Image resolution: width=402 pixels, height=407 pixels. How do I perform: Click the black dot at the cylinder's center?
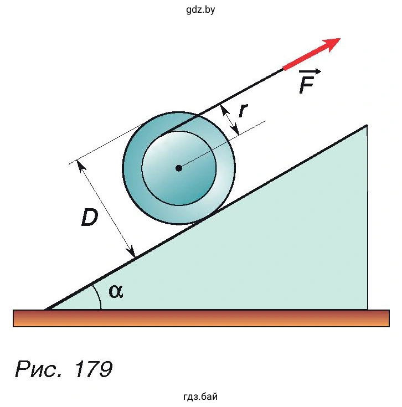coord(178,168)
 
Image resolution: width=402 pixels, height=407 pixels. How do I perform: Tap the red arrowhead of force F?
coord(331,44)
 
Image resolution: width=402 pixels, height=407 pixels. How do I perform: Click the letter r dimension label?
coord(243,111)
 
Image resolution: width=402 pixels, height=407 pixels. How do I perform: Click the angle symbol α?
coord(116,291)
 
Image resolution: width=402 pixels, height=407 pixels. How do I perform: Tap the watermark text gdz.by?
coord(200,9)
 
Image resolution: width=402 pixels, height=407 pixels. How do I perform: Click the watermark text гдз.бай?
coord(200,396)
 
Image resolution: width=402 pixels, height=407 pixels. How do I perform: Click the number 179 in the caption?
coord(94,369)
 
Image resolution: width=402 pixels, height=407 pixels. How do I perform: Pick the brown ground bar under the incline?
coord(201,318)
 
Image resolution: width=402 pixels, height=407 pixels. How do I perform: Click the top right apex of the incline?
coord(367,126)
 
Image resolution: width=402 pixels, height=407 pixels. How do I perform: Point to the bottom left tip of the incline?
coord(45,309)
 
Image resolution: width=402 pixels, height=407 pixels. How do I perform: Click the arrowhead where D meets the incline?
coord(132,252)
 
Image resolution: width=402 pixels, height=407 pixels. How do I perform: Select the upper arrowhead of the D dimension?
coord(81,166)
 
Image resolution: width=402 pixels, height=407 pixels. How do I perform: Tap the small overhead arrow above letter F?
coord(310,71)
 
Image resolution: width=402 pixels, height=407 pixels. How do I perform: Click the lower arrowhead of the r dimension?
coord(235,129)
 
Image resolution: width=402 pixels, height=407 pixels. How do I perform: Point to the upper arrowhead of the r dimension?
coord(224,110)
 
